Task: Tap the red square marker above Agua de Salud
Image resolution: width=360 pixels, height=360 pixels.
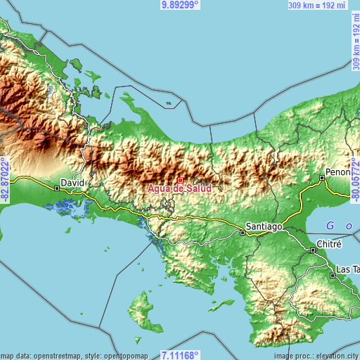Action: (180, 181)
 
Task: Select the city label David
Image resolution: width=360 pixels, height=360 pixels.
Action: (72, 182)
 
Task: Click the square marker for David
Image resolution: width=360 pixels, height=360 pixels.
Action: (56, 188)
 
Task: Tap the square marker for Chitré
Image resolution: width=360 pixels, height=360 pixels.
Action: (314, 250)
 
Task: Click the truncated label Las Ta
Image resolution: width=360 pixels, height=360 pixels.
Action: (347, 269)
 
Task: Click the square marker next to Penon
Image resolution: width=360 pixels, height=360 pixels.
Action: (322, 179)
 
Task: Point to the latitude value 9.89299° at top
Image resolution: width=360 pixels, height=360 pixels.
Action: (180, 5)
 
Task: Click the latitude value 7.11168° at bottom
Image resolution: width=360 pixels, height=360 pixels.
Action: (180, 355)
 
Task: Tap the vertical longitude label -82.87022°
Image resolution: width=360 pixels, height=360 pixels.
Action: (5, 180)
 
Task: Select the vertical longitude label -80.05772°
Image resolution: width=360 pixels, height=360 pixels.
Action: (355, 180)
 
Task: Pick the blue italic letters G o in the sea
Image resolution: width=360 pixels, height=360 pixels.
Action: (340, 226)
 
